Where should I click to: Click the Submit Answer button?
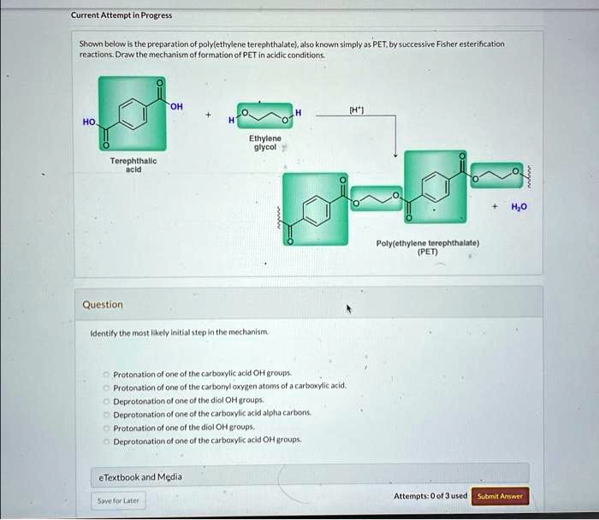tap(500, 496)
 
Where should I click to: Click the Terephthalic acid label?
tap(133, 164)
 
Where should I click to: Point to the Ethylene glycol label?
tap(264, 142)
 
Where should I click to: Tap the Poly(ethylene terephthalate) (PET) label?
tap(428, 246)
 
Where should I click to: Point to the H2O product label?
tap(520, 206)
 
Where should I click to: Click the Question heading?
tap(103, 304)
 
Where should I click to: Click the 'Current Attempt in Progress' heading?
tap(122, 15)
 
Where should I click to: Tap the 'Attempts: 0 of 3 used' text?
tap(430, 496)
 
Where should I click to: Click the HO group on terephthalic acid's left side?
tap(89, 122)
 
